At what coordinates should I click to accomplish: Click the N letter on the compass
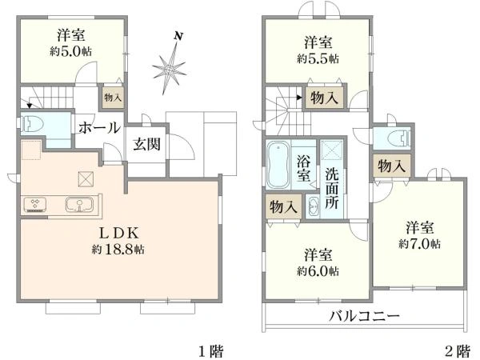[x=181, y=36]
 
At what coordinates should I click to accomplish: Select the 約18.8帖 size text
[x=119, y=250]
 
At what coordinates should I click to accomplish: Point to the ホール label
[x=99, y=127]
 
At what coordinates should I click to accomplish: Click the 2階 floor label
[x=457, y=350]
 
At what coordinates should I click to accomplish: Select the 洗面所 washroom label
[x=332, y=189]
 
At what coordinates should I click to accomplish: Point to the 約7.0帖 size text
[x=420, y=243]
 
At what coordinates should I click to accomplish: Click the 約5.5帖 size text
[x=318, y=58]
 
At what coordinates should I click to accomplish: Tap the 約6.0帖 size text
[x=318, y=271]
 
